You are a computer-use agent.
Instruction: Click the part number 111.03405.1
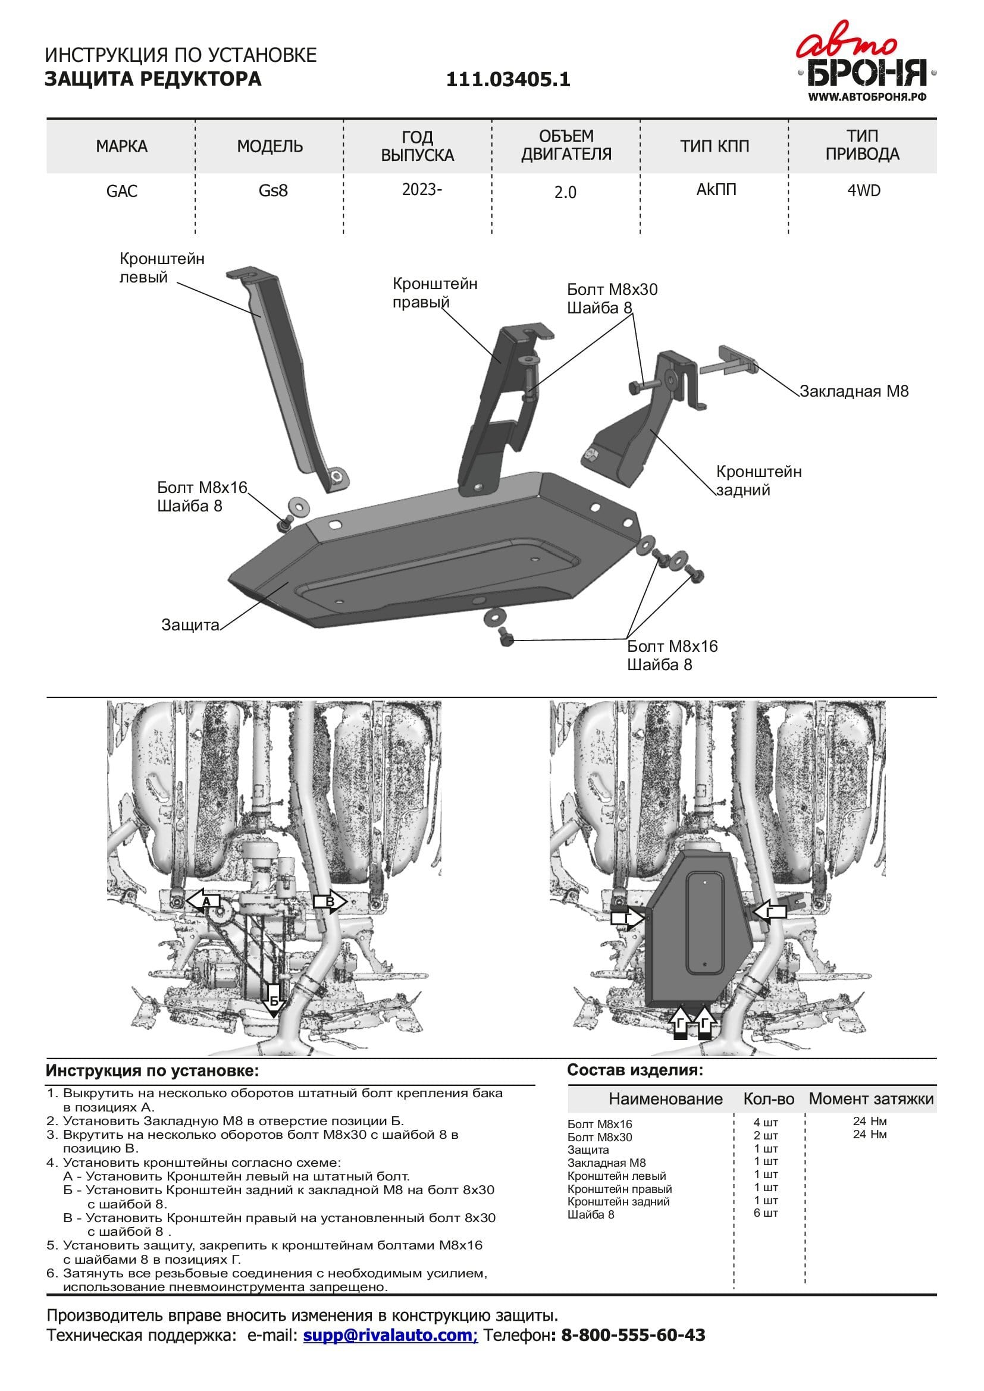(x=508, y=80)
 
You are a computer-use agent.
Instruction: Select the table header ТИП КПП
(x=715, y=146)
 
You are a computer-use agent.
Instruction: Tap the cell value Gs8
(x=272, y=191)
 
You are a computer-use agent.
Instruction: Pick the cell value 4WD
(x=863, y=191)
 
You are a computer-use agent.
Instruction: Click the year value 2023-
(x=422, y=190)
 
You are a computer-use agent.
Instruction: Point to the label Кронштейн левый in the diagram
(x=162, y=268)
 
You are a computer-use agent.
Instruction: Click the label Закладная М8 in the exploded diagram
(x=854, y=391)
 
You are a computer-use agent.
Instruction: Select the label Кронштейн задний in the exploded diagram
(x=759, y=481)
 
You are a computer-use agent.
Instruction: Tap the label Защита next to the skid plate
(x=190, y=624)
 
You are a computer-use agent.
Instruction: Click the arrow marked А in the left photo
(x=204, y=902)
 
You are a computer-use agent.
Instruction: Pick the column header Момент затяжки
(x=871, y=1116)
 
